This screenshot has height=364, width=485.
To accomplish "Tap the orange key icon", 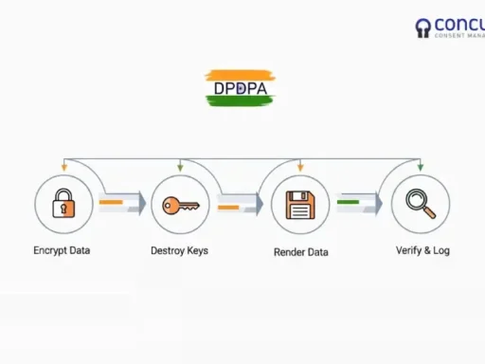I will point(179,205).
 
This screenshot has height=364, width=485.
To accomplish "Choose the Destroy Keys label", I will point(179,251).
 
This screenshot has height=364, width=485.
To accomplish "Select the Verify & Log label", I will point(422,251).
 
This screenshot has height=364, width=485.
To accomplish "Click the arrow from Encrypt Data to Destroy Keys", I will point(121,203).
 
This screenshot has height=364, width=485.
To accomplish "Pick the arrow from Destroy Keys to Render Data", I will point(239,203).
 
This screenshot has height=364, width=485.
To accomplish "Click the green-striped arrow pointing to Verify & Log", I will point(358,203).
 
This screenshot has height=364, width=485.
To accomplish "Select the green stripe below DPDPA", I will point(240,101).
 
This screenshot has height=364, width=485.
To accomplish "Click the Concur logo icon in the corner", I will point(422,28).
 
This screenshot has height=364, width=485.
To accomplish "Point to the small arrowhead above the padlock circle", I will point(63,168).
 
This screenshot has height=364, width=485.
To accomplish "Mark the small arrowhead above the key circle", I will point(179,168).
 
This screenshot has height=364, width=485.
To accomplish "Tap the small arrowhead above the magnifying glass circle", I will point(420,168).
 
